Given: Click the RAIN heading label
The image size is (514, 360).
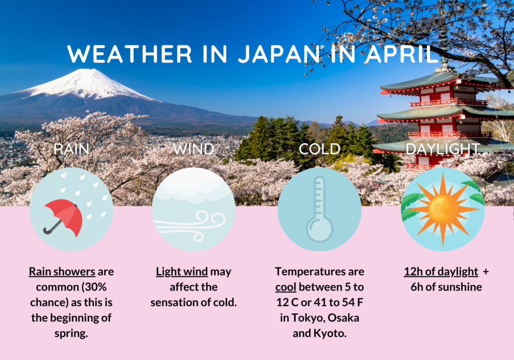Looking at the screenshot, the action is click(x=71, y=149).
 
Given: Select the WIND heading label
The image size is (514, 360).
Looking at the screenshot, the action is click(x=193, y=149).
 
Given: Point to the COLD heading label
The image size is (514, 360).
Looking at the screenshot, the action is click(x=320, y=149).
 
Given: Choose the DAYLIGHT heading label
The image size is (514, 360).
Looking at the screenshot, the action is click(x=443, y=149).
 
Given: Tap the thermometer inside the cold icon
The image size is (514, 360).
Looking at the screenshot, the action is click(x=319, y=210).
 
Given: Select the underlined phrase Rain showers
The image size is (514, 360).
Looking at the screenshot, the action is click(x=62, y=272).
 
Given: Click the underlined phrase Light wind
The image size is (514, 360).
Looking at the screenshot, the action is click(x=182, y=272).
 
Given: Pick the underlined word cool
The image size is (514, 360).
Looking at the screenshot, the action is click(x=286, y=287).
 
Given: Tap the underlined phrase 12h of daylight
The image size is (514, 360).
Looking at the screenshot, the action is click(x=441, y=272).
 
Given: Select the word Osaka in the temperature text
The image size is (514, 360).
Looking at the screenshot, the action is click(x=343, y=318).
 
